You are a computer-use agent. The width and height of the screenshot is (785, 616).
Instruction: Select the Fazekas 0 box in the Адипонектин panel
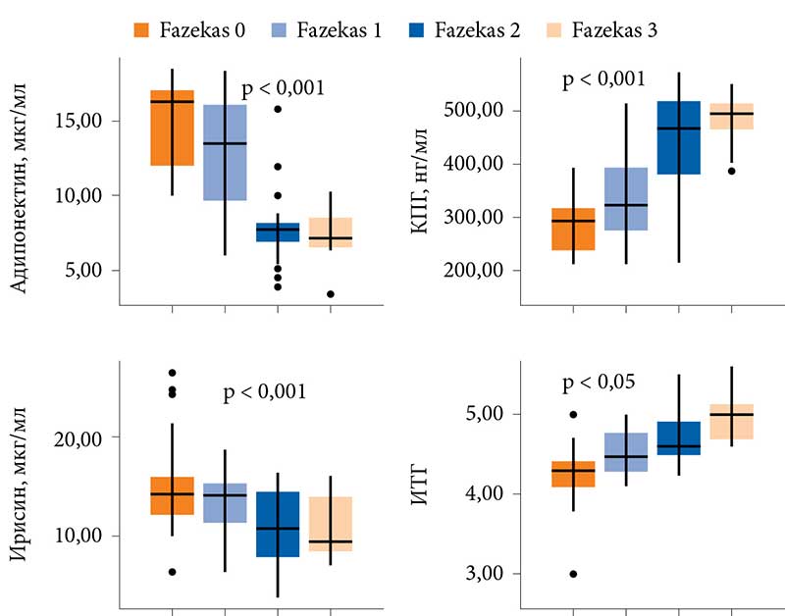tap(172, 128)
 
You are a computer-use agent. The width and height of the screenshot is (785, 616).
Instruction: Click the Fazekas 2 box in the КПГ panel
tap(678, 137)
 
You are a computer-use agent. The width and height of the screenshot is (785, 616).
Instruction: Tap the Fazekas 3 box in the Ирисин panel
tap(330, 524)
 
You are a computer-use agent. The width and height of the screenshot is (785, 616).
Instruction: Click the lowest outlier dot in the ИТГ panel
tap(572, 574)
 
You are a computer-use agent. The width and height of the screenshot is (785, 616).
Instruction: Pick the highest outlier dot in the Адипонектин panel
tap(278, 109)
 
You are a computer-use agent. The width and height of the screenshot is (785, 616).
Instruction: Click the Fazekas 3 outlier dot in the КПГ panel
tap(731, 171)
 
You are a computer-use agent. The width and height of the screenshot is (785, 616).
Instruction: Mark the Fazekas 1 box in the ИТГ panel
tap(625, 452)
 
